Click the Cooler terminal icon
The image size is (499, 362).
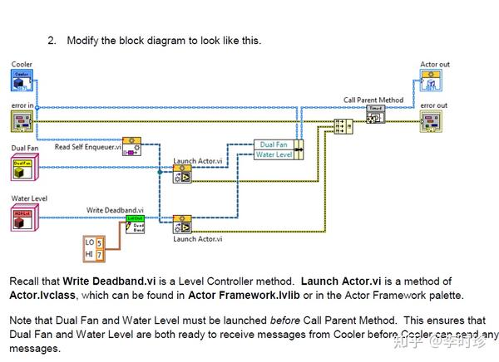pyautogui.click(x=22, y=81)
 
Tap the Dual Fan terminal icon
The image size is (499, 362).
pyautogui.click(x=22, y=166)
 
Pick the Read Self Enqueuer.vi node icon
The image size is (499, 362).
pyautogui.click(x=132, y=147)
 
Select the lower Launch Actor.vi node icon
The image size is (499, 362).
pyautogui.click(x=182, y=225)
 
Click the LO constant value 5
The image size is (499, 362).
pyautogui.click(x=101, y=242)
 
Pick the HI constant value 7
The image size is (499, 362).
pyautogui.click(x=101, y=254)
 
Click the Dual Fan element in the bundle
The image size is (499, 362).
pyautogui.click(x=274, y=144)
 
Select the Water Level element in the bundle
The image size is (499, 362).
pyautogui.click(x=274, y=154)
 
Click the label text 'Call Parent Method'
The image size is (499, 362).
pyautogui.click(x=373, y=100)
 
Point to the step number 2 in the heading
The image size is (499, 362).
pyautogui.click(x=52, y=40)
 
